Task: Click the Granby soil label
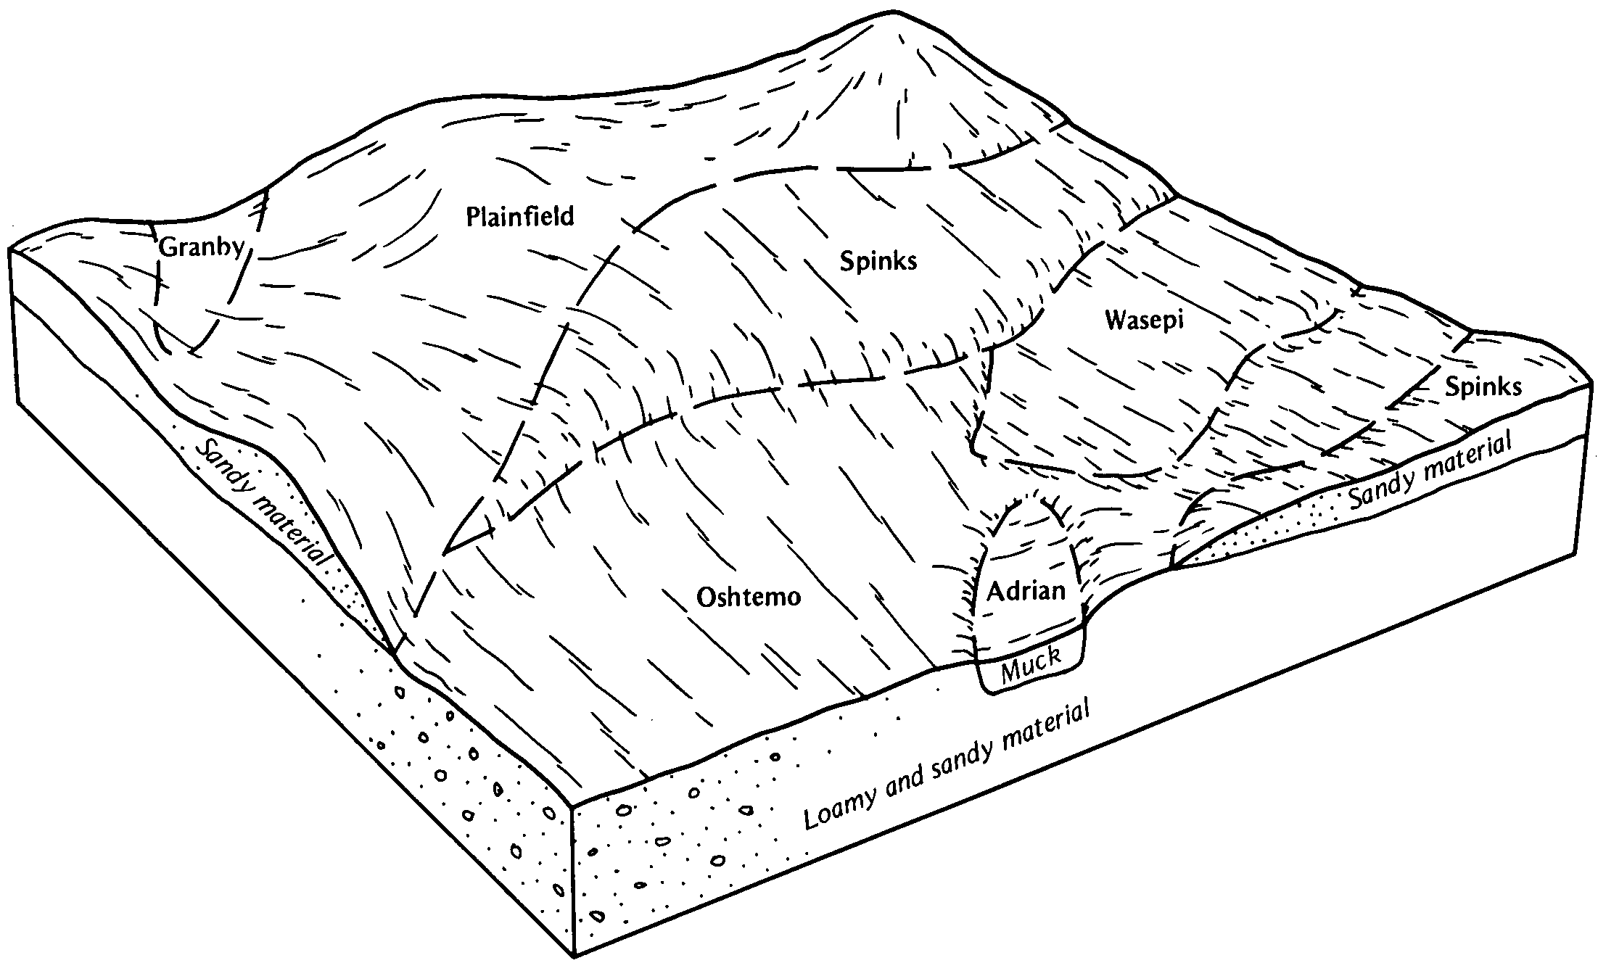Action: click(x=202, y=248)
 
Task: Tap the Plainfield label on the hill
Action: click(x=520, y=216)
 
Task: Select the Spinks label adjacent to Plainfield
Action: click(x=878, y=261)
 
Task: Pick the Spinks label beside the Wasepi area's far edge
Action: click(x=1483, y=387)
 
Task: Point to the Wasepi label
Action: click(x=1145, y=320)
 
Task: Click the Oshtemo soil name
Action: click(x=749, y=597)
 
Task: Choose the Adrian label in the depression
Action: click(x=1026, y=591)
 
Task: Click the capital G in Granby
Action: click(x=167, y=247)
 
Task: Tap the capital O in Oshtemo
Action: click(x=706, y=597)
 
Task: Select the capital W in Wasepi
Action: click(x=1116, y=319)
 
